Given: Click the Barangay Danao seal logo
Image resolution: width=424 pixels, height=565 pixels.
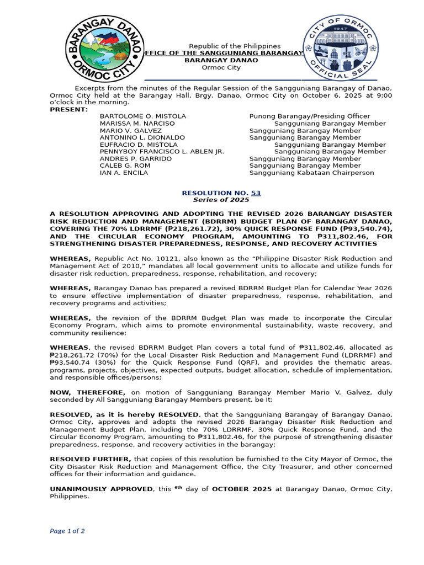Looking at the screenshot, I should point(105,48).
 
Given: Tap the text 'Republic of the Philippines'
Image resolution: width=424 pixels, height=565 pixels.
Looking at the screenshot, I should point(235,46).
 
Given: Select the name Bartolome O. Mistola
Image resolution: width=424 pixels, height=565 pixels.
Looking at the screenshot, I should point(142,116).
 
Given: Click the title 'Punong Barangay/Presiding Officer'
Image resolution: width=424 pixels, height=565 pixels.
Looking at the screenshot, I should point(310,116).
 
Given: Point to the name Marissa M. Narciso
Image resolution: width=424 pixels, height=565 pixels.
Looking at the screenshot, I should point(137,124).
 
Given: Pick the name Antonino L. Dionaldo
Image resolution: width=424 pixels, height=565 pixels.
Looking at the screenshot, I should point(142,137).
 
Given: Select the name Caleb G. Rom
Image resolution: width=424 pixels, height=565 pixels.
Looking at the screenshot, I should point(124,166).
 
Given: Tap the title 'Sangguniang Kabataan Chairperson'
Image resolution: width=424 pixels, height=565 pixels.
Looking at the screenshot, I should point(311,173).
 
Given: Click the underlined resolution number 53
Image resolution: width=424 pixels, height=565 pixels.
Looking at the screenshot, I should point(256,193).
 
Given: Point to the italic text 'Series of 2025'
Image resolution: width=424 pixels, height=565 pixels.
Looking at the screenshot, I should point(221,200).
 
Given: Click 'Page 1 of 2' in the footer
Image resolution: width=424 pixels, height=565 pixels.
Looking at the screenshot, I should point(67,531).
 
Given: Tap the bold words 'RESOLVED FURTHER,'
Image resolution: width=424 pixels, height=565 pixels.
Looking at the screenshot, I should point(91,459).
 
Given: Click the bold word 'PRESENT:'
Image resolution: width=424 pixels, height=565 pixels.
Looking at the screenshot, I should point(68,109).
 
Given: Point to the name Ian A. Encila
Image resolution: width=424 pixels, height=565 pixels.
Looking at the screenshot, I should point(124,173).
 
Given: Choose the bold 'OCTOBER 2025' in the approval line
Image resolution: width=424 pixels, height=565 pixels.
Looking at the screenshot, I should point(242,489).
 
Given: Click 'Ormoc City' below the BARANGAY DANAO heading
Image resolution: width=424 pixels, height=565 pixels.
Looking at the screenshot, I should point(221,67).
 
